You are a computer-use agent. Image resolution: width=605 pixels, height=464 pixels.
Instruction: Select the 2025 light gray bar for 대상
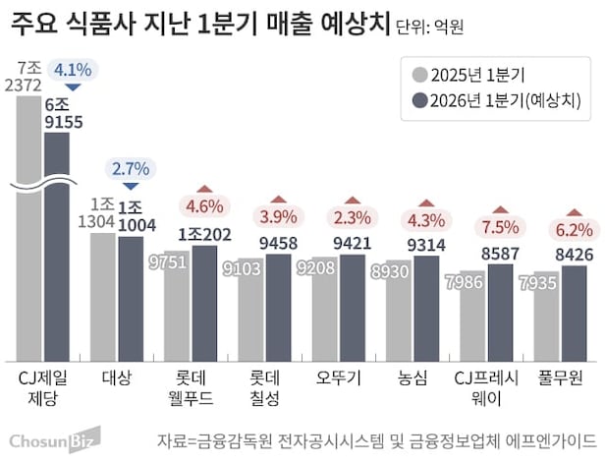click(x=102, y=295)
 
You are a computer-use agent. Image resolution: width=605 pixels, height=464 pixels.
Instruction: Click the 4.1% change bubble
click(x=73, y=70)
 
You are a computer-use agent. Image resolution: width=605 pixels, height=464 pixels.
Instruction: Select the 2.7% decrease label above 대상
click(x=131, y=168)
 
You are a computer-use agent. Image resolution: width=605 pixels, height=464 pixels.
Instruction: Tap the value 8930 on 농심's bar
click(x=398, y=268)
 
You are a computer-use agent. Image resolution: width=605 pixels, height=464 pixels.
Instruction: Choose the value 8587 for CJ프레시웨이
click(x=501, y=252)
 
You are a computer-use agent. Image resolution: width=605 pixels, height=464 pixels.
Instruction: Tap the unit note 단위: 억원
click(x=431, y=24)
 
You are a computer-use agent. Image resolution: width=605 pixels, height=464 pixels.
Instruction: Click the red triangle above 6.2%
click(x=575, y=210)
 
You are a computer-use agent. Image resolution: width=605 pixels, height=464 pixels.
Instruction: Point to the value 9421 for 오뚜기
click(x=354, y=244)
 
